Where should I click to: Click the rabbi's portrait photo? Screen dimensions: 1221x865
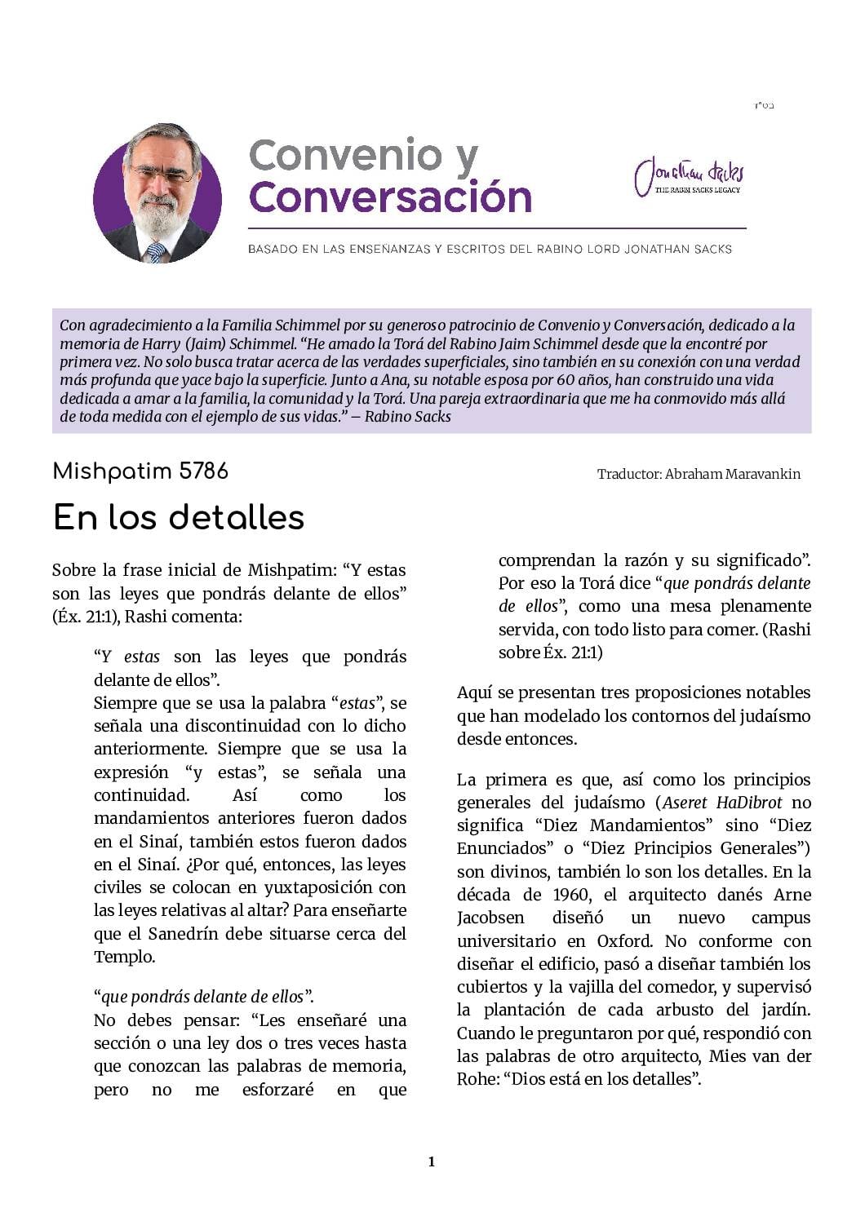tap(157, 194)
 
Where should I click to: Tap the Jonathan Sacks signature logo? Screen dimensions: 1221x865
tap(689, 175)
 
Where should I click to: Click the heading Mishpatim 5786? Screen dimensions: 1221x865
tap(140, 471)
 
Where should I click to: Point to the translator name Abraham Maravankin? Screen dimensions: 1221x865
tap(733, 474)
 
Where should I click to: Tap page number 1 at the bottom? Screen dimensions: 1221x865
tap(432, 1161)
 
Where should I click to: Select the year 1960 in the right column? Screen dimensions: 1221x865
tap(570, 895)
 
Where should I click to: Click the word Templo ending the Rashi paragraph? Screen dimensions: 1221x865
tap(123, 956)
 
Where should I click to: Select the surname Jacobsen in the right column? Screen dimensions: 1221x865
tap(490, 918)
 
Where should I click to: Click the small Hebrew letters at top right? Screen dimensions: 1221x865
tap(765, 106)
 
